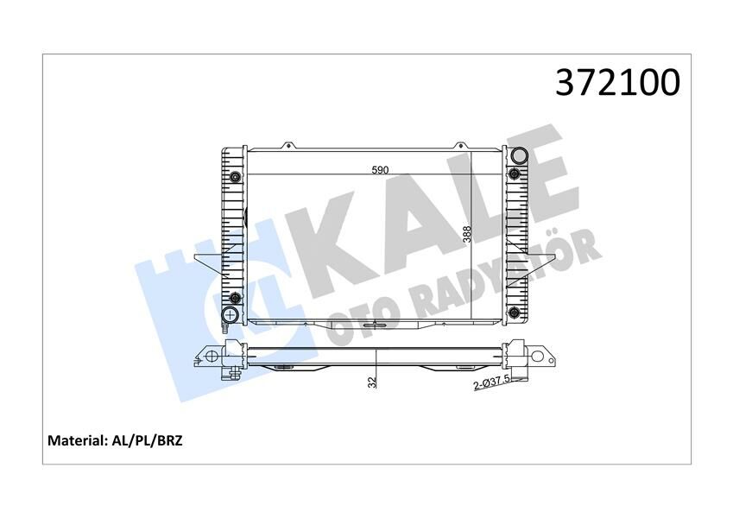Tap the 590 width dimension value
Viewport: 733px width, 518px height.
click(x=380, y=170)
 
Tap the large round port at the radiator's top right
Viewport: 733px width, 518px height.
click(x=518, y=156)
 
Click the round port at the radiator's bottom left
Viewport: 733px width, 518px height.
click(x=231, y=312)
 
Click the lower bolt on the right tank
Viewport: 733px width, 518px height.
click(x=515, y=312)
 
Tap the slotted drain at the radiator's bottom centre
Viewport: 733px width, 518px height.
click(x=374, y=325)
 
